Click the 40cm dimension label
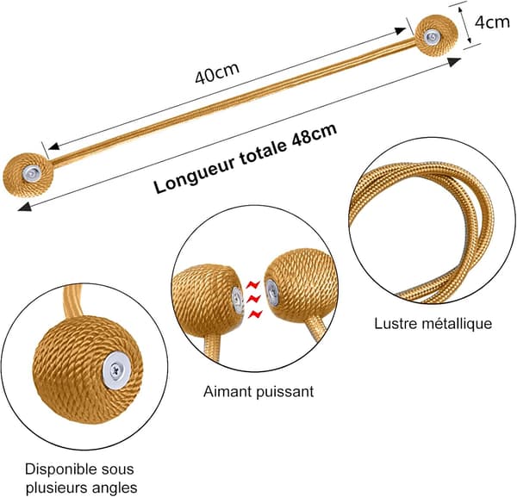(217, 73)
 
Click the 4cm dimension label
(492, 22)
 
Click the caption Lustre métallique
(433, 324)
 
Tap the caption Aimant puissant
(258, 392)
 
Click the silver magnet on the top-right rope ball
(431, 37)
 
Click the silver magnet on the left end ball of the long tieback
(32, 173)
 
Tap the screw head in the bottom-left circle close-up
(115, 370)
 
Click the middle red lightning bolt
(253, 299)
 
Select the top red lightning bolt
(253, 283)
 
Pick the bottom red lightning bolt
(256, 314)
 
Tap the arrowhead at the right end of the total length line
(454, 61)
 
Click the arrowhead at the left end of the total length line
(25, 207)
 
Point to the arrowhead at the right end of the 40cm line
(399, 31)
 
